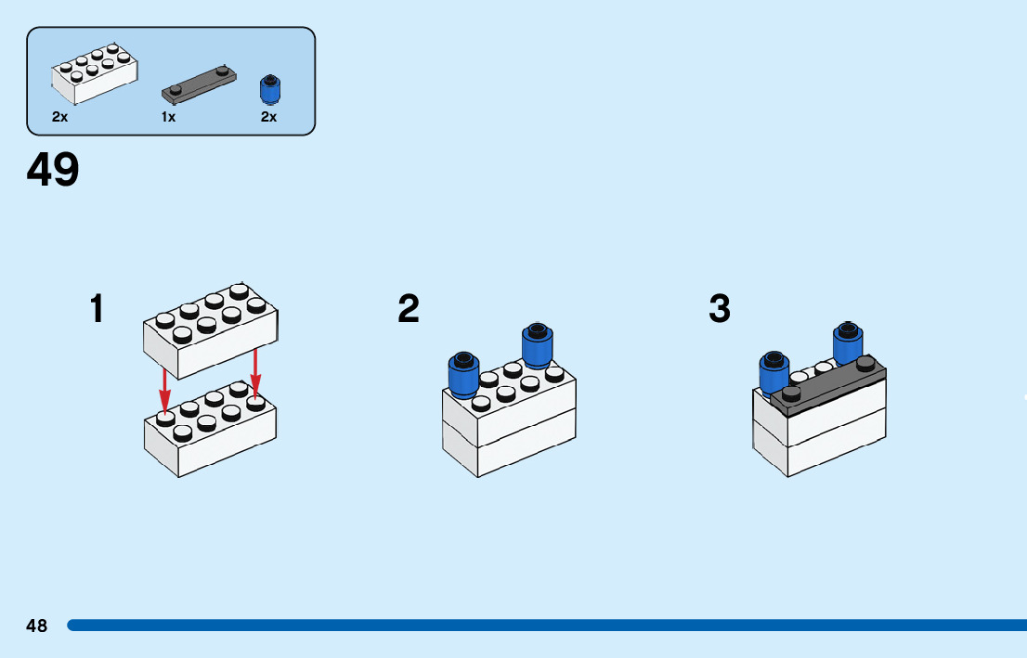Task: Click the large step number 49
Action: click(53, 171)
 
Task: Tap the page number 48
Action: click(36, 626)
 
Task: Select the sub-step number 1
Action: click(97, 309)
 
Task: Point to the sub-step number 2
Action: click(409, 309)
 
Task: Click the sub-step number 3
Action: click(720, 309)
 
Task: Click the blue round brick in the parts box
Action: click(269, 89)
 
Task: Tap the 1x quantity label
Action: click(168, 117)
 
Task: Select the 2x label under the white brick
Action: click(59, 117)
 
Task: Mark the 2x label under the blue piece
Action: click(268, 117)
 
